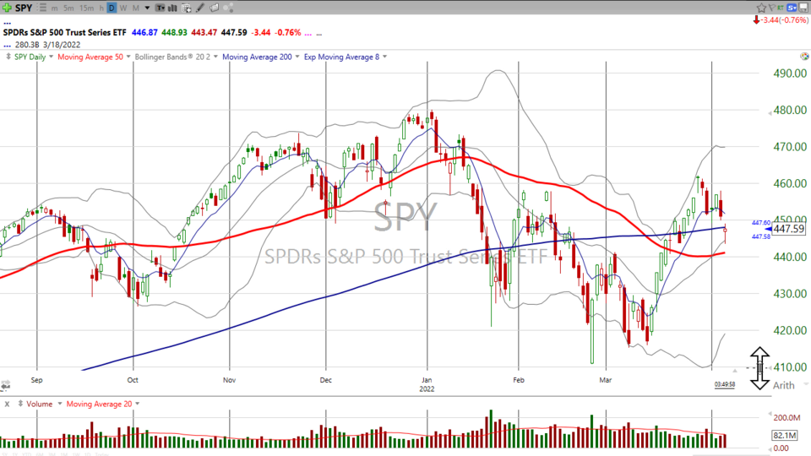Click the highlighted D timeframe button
[x=112, y=8]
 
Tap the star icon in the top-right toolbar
[x=760, y=8]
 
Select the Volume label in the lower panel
[x=39, y=404]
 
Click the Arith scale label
[x=784, y=384]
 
